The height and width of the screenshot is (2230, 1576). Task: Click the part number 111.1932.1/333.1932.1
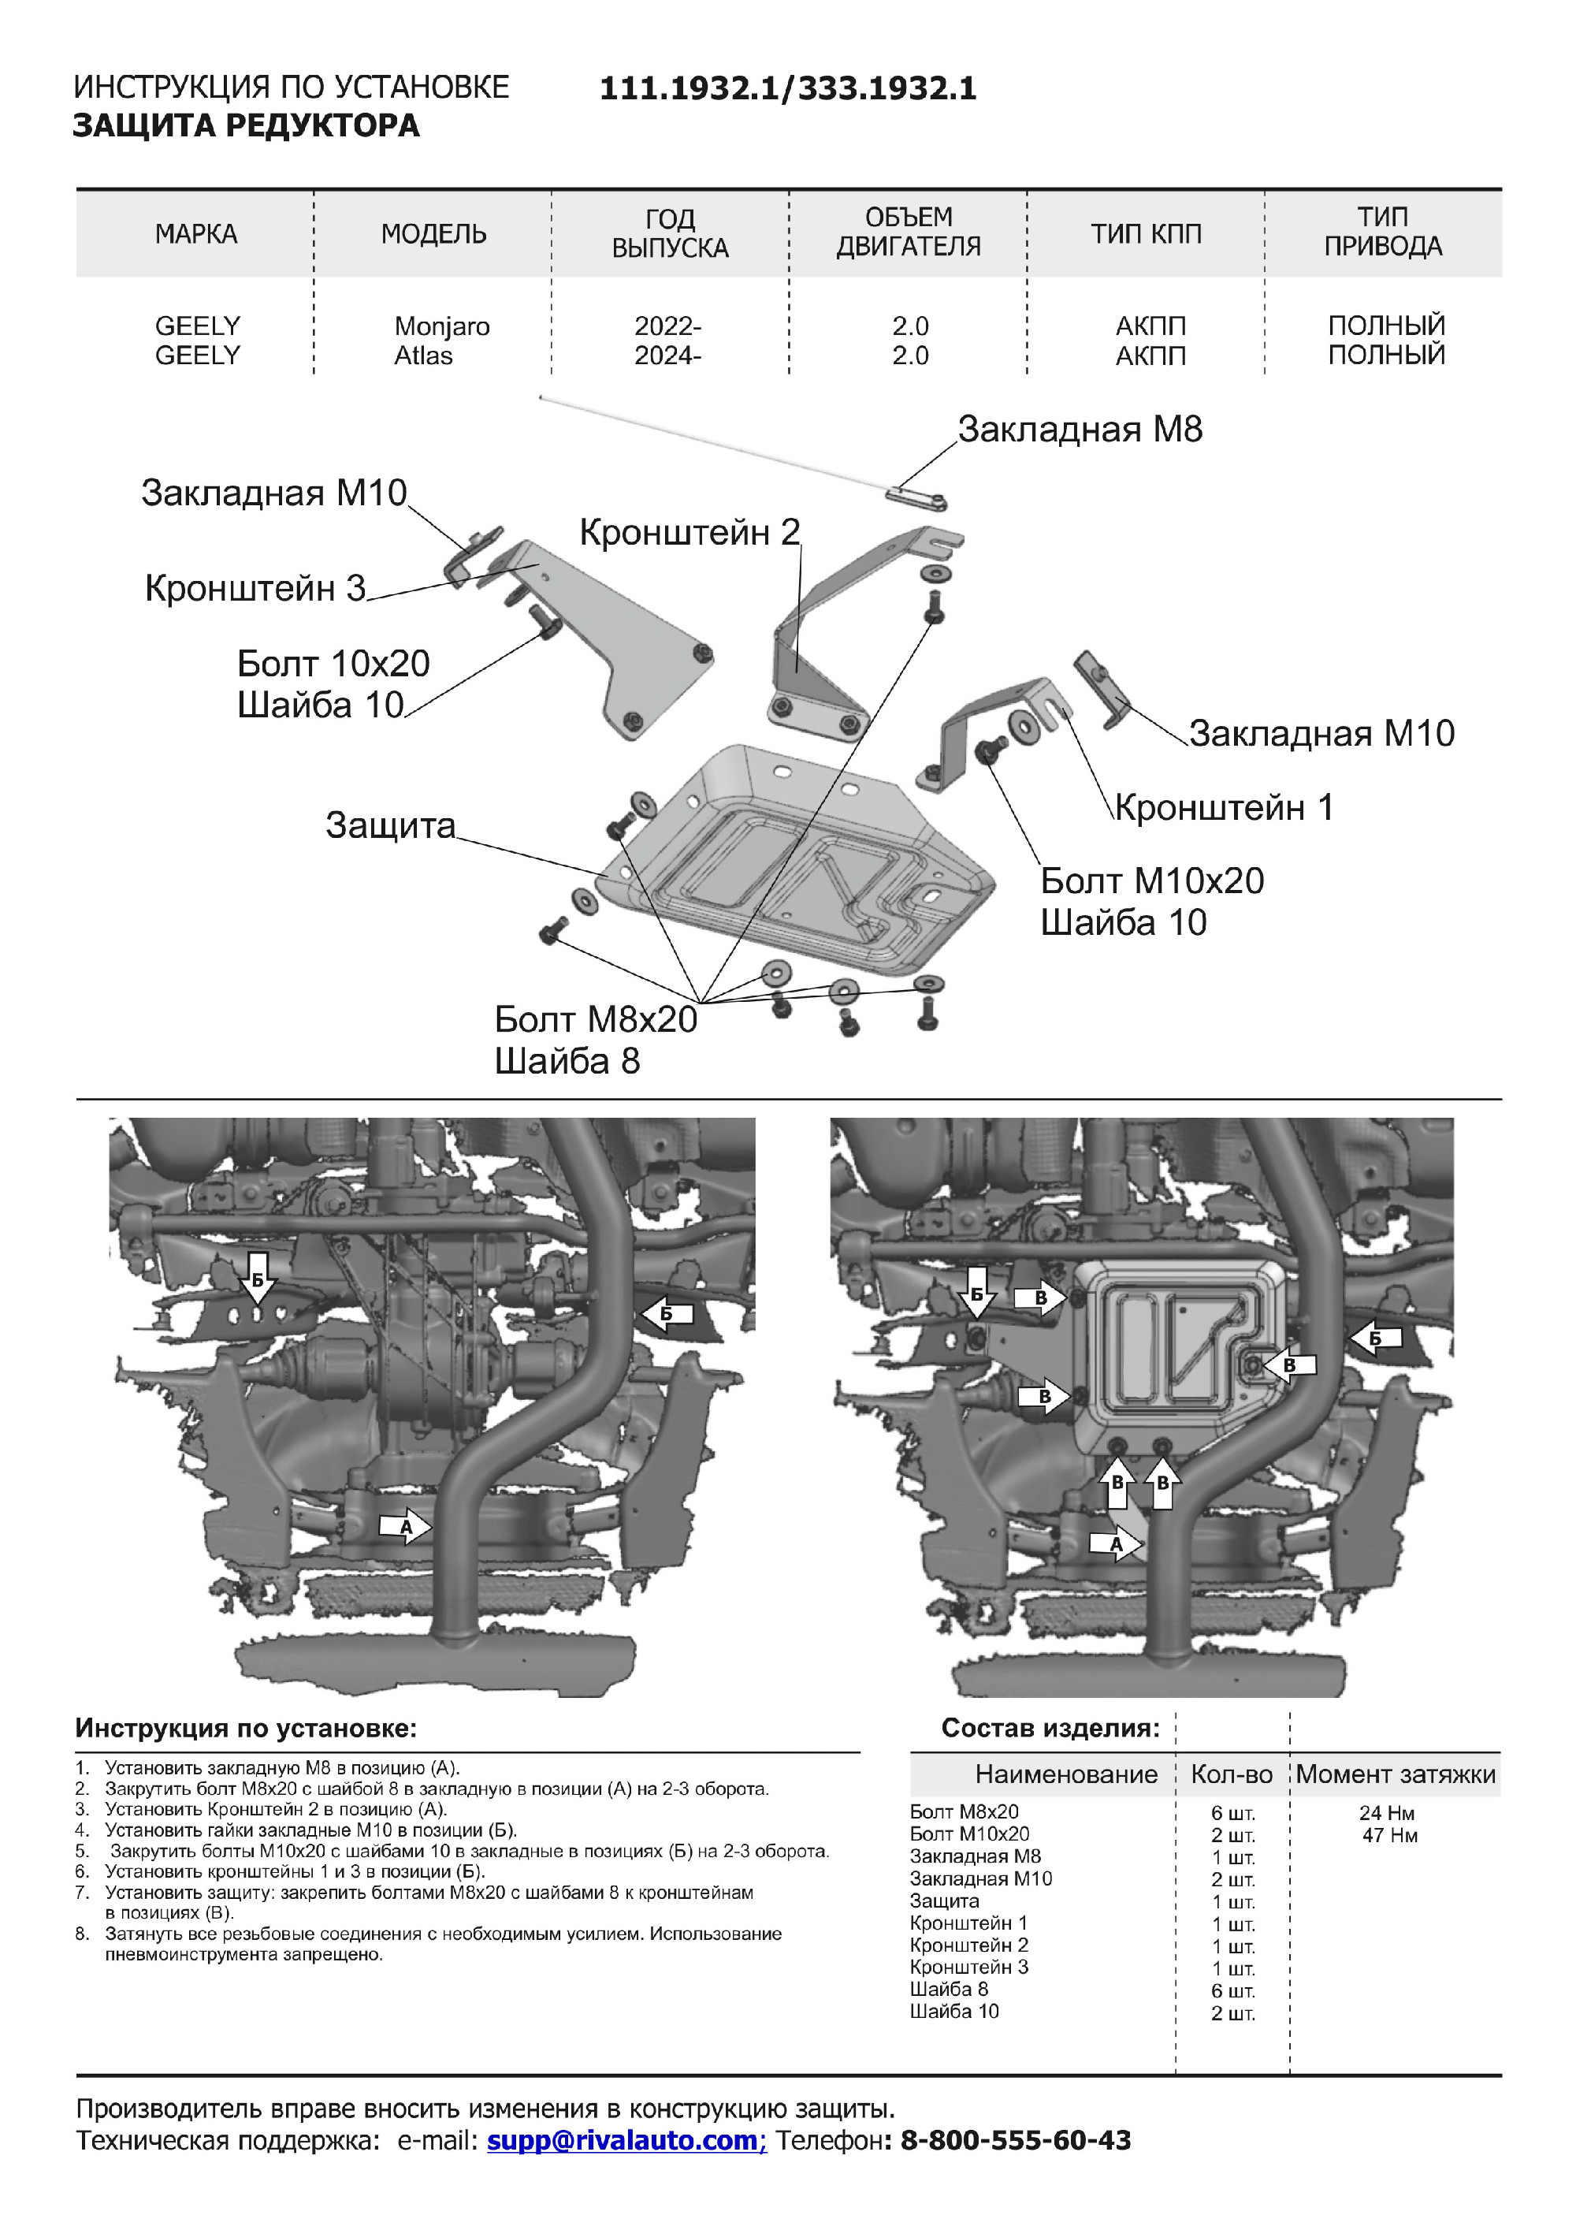(787, 89)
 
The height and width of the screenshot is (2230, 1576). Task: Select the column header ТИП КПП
(1146, 234)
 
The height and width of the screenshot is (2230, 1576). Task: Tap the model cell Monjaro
(442, 326)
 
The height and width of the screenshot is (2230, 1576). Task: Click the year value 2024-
(668, 356)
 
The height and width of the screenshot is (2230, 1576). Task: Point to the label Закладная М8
(1080, 430)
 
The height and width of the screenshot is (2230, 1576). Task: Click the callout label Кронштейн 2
(689, 532)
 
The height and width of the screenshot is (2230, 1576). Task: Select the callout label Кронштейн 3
(255, 589)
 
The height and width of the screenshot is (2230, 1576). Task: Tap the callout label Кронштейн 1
(1224, 807)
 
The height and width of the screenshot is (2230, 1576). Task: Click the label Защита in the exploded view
(390, 825)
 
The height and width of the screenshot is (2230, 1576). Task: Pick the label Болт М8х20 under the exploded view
(595, 1020)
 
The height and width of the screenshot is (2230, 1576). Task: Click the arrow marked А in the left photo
(406, 1527)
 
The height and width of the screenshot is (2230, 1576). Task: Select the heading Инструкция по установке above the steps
(246, 1728)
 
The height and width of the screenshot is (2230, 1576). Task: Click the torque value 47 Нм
(1389, 1836)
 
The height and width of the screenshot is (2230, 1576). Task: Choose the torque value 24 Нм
(1387, 1813)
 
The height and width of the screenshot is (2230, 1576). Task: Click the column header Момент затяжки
(1396, 1774)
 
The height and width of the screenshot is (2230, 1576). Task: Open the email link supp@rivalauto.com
(626, 2139)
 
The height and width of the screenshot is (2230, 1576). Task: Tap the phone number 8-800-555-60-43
(1016, 2139)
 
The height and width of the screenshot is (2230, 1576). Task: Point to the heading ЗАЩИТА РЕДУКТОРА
(247, 126)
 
